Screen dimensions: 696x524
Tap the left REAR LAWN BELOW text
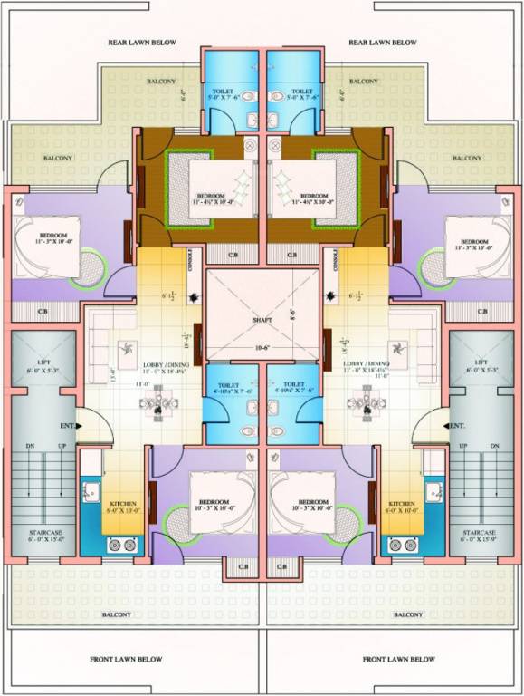(142, 43)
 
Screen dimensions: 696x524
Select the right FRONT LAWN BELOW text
(399, 659)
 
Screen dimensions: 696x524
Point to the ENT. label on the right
(457, 426)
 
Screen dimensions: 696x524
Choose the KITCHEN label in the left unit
(123, 504)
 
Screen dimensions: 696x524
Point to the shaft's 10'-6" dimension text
(262, 347)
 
